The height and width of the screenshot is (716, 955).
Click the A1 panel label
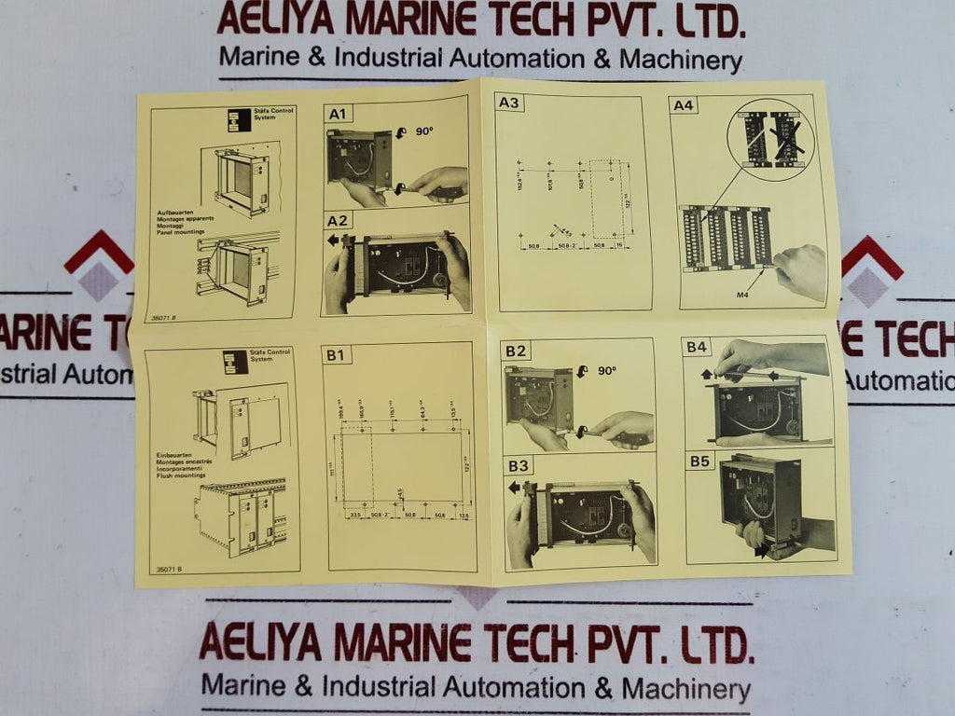(x=338, y=115)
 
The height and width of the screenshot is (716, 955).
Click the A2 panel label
(x=338, y=221)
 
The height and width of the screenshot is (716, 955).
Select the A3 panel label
(x=509, y=103)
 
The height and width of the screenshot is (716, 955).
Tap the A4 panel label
(x=684, y=105)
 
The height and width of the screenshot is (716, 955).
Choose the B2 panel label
(x=515, y=351)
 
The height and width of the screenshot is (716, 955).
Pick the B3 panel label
(x=519, y=464)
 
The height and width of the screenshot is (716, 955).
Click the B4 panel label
(x=698, y=348)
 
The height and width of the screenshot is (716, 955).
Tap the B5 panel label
(x=699, y=461)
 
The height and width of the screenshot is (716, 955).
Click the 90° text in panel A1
(x=424, y=132)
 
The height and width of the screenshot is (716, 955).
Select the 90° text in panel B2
(x=607, y=370)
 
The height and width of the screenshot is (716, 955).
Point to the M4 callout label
(x=742, y=295)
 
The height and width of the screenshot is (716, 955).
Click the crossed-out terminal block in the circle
(x=785, y=140)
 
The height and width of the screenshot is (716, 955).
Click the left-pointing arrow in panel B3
(x=514, y=487)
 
